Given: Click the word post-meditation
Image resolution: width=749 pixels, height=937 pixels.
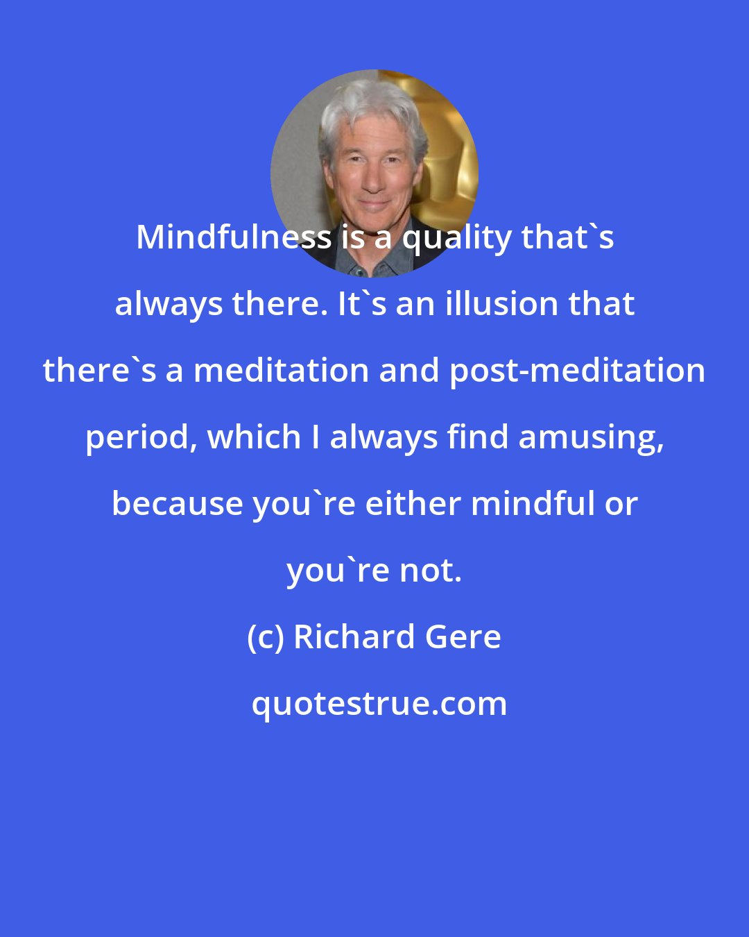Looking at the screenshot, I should (577, 371).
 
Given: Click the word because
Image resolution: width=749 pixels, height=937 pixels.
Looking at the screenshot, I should (178, 504).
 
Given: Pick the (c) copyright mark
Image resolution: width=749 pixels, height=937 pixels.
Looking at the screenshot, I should (266, 637).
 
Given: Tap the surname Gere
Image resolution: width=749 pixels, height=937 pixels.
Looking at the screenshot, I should (463, 637).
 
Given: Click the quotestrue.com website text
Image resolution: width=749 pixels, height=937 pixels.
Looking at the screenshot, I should (379, 704).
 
